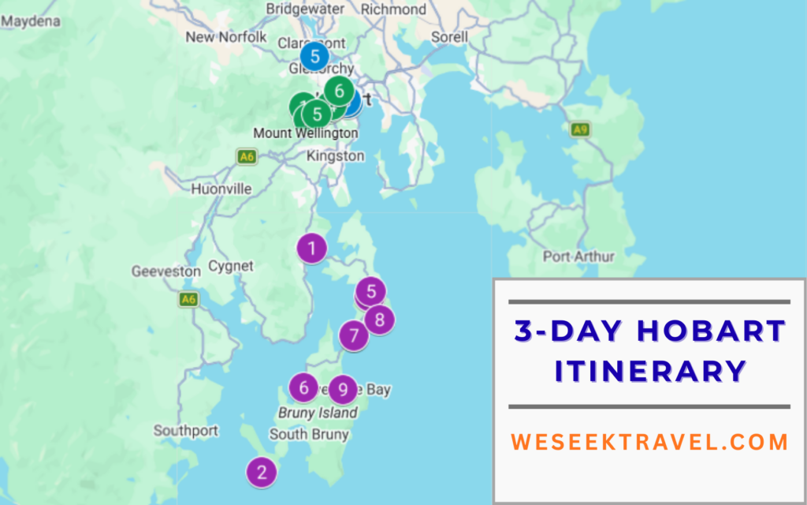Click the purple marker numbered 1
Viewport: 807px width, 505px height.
(312, 249)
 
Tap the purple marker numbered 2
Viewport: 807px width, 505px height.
(262, 472)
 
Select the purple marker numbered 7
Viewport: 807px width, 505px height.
(354, 336)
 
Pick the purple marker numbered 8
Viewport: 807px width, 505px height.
(380, 320)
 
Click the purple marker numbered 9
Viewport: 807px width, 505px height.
(343, 389)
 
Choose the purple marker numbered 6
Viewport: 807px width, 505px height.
(303, 387)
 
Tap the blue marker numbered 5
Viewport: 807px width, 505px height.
(314, 57)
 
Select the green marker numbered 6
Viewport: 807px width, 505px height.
(339, 91)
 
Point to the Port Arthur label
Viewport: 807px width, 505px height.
(578, 256)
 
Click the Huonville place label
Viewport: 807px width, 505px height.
(221, 189)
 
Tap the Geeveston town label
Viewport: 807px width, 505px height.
(166, 271)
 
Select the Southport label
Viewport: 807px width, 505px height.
(185, 431)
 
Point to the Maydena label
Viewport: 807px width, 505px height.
(31, 21)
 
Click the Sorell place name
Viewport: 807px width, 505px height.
(450, 37)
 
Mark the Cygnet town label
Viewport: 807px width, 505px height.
(231, 267)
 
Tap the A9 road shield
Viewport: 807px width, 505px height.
(581, 129)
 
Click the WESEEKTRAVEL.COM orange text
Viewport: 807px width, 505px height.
(649, 442)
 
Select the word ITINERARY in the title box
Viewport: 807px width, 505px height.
(649, 370)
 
